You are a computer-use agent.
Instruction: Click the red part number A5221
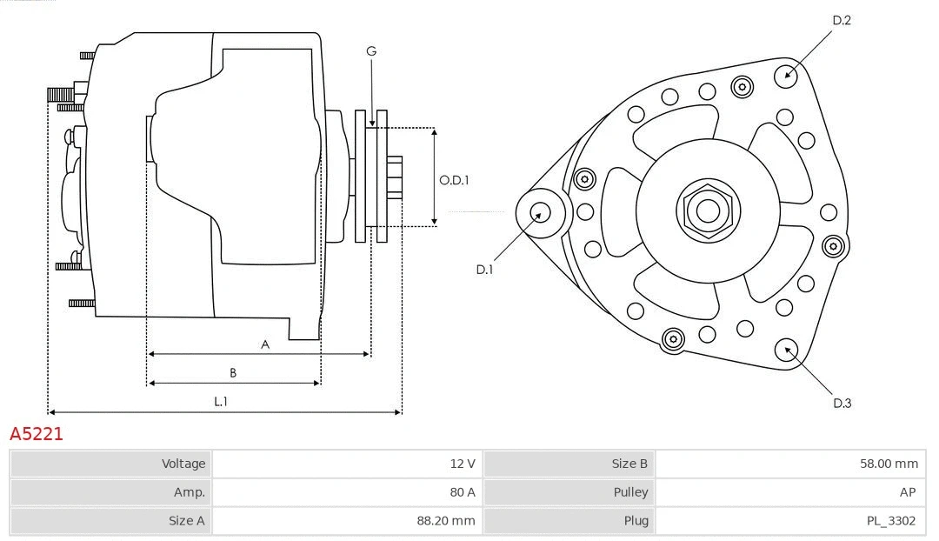click(x=37, y=434)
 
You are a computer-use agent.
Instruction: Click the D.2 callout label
click(x=842, y=20)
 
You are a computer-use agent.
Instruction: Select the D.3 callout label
click(x=842, y=403)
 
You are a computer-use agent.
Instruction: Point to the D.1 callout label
click(x=484, y=270)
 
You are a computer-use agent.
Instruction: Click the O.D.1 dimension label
click(x=454, y=180)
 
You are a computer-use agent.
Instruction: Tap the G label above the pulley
click(x=371, y=51)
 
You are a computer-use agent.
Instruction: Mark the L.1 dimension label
click(x=221, y=401)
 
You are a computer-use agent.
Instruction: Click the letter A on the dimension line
click(x=265, y=344)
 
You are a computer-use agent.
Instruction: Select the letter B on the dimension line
click(x=233, y=373)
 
